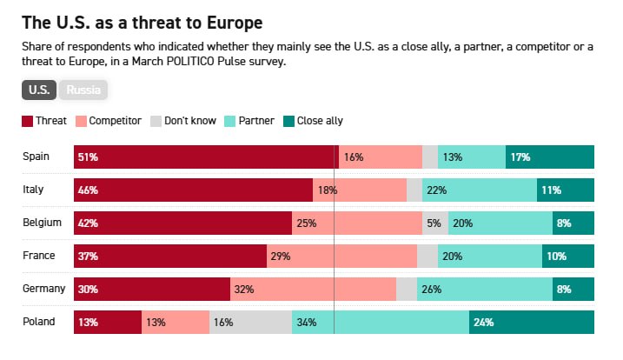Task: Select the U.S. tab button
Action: point(40,90)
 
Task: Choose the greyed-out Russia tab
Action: point(83,90)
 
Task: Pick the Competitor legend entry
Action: point(109,121)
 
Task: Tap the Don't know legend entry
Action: point(183,121)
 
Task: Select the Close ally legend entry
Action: point(313,121)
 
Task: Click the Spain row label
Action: point(36,157)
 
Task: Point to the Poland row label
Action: point(39,322)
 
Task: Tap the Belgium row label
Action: point(41,223)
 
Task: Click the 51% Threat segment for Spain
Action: point(206,157)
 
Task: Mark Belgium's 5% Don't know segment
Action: point(435,223)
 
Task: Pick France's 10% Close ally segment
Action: point(568,256)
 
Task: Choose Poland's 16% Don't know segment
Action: point(250,322)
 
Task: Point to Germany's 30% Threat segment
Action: point(151,289)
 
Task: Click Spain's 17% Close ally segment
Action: point(550,157)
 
